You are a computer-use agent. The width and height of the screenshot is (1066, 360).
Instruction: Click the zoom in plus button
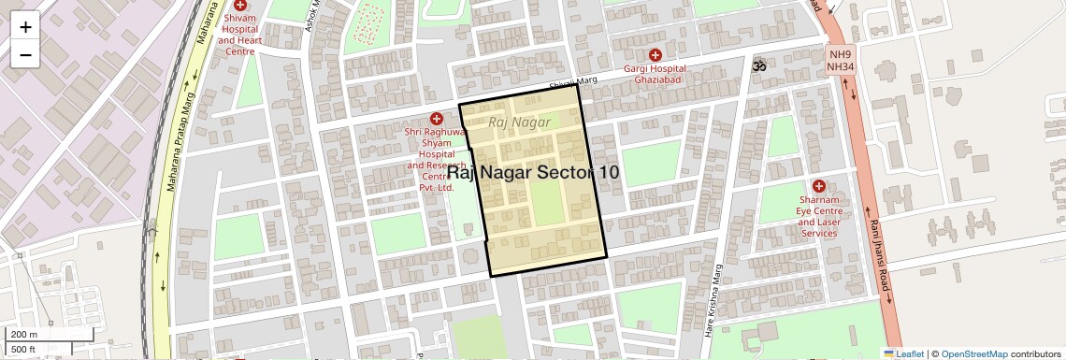click(25, 27)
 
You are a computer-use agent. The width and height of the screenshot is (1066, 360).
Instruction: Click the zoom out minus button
click(25, 55)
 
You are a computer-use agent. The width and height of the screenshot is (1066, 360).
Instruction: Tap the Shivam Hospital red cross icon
click(240, 6)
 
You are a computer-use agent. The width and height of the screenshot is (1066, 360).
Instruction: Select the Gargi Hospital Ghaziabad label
click(655, 75)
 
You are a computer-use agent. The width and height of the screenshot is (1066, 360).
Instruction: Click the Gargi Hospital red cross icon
click(655, 55)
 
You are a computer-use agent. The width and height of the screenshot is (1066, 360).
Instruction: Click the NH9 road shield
click(840, 55)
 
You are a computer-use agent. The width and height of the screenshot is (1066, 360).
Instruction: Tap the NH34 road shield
click(840, 67)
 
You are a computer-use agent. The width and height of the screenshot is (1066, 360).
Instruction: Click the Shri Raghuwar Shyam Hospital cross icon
click(436, 118)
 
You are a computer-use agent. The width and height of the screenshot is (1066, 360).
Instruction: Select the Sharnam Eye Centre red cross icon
click(819, 186)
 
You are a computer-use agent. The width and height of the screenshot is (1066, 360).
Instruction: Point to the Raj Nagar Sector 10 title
click(532, 172)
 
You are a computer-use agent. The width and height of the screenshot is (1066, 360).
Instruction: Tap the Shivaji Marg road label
click(573, 84)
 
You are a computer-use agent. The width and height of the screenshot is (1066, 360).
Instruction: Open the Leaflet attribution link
click(903, 353)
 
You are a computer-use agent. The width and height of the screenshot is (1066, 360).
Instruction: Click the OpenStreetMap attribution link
click(973, 353)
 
